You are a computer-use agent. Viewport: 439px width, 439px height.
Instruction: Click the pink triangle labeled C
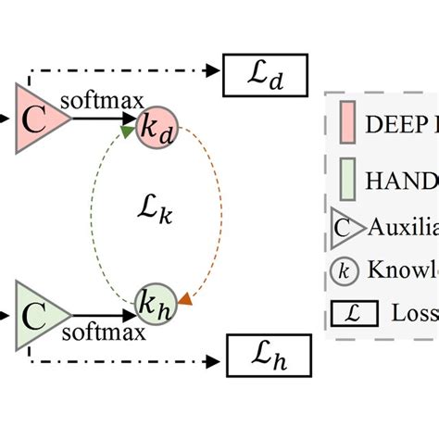[36, 119]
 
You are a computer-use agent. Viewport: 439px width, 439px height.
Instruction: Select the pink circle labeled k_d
[154, 129]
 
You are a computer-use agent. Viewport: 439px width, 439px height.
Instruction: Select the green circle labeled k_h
[154, 303]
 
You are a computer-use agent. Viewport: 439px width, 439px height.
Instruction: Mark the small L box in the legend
[352, 313]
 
